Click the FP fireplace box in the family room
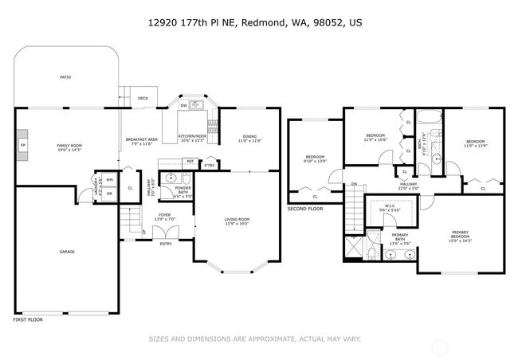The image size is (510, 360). coord(23,146)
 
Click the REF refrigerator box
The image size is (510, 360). coord(190,162)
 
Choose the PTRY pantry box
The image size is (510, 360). coord(209,165)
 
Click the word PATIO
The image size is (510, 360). coord(65,77)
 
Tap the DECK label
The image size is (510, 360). coord(143,99)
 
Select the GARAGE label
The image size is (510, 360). coord(67,252)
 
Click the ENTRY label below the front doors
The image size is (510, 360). coord(166,244)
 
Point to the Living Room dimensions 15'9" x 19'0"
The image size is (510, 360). coord(237,224)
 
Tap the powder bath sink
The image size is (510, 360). coord(170,178)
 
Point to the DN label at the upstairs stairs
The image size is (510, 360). coord(354,184)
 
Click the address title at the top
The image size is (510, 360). coord(255,25)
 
